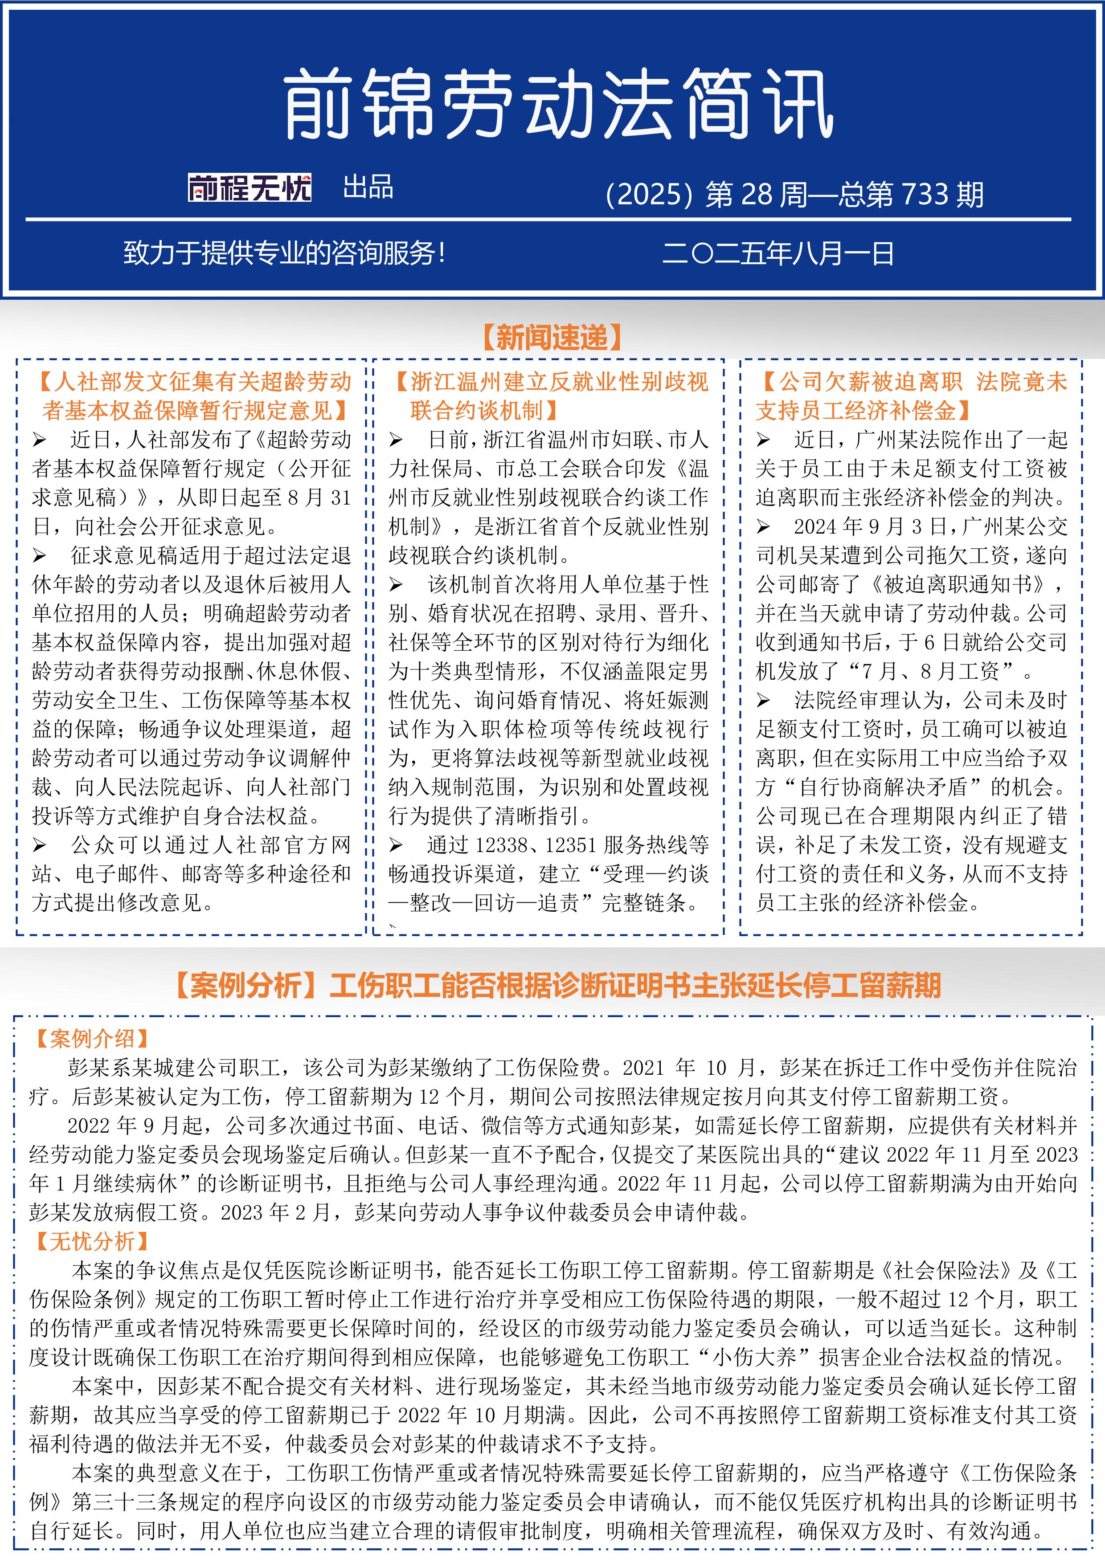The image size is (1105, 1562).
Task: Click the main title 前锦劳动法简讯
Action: [558, 106]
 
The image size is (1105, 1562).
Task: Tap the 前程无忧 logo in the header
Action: [250, 188]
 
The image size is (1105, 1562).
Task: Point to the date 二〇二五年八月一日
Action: [778, 254]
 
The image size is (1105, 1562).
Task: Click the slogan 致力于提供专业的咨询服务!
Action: [284, 254]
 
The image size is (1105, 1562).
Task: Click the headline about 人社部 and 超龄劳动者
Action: [195, 396]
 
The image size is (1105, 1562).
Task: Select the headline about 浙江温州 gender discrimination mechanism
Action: [551, 396]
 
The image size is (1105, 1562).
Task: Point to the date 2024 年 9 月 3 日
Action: [868, 526]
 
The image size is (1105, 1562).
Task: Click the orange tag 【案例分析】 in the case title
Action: [246, 986]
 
